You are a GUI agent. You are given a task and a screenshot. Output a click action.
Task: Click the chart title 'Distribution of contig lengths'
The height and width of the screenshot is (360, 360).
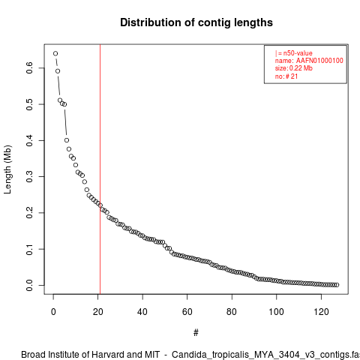tap(196, 22)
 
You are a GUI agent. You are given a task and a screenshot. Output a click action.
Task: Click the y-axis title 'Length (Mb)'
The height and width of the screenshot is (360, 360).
tap(7, 169)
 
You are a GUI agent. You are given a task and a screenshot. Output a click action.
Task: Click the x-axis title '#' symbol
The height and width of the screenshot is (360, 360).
tap(196, 333)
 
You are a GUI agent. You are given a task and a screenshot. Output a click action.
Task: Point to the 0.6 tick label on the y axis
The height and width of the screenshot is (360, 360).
tap(29, 67)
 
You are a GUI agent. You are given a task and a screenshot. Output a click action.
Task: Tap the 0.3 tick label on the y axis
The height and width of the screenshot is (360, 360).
tap(29, 176)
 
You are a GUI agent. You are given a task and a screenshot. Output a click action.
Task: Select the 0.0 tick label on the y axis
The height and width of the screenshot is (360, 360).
tap(29, 285)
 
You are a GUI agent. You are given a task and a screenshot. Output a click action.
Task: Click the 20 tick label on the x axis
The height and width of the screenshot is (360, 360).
tap(98, 312)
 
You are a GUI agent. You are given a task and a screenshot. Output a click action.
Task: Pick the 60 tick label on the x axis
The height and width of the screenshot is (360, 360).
tap(187, 312)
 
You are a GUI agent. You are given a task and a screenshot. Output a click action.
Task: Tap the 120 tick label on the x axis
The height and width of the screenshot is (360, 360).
tap(321, 312)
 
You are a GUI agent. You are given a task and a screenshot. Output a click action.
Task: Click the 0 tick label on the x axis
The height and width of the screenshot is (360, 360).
tap(53, 312)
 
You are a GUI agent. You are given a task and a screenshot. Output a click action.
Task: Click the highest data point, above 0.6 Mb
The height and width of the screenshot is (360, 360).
tap(55, 53)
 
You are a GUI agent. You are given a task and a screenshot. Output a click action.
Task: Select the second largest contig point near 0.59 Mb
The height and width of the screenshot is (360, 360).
tap(58, 71)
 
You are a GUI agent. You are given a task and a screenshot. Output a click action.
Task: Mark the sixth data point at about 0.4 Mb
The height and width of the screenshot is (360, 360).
tap(67, 140)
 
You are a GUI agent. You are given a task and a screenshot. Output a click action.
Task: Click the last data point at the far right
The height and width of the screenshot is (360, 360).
tap(337, 285)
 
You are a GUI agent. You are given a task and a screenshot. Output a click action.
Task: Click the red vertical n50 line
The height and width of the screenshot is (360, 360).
tap(100, 169)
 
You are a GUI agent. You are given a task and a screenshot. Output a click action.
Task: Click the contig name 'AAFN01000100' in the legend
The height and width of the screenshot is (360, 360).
tap(319, 61)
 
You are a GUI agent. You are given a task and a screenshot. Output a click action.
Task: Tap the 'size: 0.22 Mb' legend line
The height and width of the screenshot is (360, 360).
tap(294, 68)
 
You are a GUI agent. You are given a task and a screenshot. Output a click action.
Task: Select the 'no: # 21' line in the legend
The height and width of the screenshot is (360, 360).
tap(286, 76)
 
